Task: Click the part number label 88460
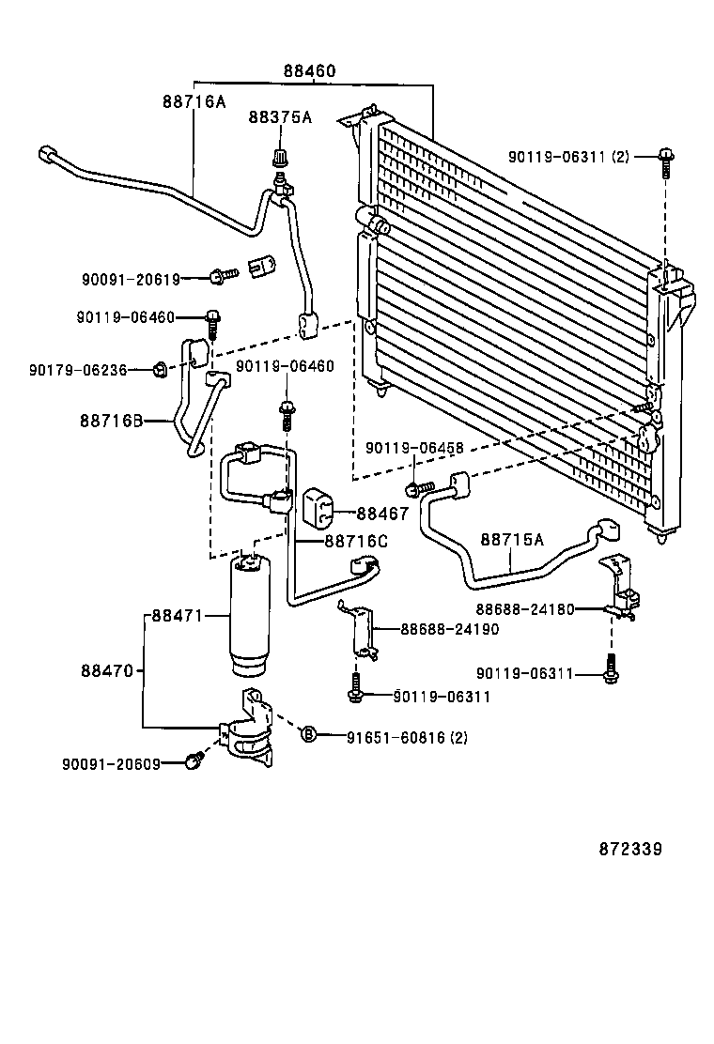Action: pos(309,71)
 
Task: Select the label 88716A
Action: pos(194,101)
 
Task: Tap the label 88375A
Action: pos(279,117)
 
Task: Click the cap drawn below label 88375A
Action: pos(279,156)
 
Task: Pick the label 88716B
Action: pos(111,422)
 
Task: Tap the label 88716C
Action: pos(356,541)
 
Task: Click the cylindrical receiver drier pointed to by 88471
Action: pos(251,615)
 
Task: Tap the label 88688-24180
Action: pos(524,608)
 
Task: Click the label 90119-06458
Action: pos(414,449)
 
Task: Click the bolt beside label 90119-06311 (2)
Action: pos(665,161)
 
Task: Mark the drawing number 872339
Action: pos(630,849)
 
